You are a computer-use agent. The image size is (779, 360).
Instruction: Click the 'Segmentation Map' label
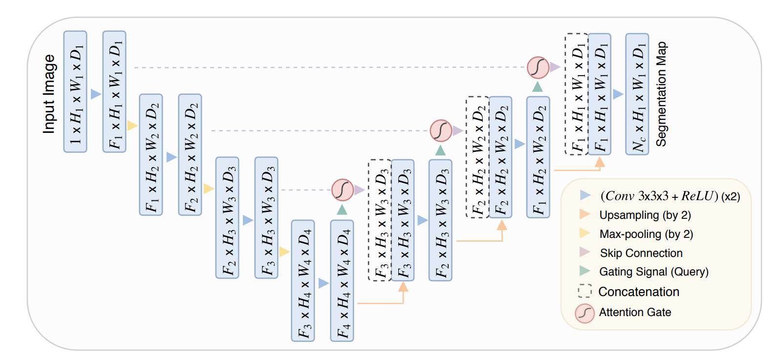[661, 94]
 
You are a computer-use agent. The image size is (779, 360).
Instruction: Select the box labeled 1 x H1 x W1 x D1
[75, 92]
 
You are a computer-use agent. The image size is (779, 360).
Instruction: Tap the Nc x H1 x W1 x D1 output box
[637, 94]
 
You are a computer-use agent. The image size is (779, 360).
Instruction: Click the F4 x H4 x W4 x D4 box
[342, 280]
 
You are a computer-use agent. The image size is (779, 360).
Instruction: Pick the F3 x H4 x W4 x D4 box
[303, 280]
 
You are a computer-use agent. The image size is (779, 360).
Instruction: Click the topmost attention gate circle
[538, 67]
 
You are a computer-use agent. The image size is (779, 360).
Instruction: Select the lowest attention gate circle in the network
[342, 190]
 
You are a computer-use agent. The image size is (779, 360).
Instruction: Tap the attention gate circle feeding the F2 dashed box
[440, 130]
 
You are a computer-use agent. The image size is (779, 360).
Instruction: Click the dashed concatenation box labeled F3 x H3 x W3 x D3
[379, 220]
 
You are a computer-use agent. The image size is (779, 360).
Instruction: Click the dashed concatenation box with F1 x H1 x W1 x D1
[576, 94]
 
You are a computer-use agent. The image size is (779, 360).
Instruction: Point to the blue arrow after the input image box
[96, 94]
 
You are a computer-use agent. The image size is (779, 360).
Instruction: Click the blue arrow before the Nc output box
[618, 94]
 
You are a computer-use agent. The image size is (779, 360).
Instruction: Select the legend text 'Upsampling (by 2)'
[645, 215]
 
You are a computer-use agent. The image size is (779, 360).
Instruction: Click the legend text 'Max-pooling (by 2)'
[646, 234]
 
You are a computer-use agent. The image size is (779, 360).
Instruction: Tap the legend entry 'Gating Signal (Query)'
[653, 272]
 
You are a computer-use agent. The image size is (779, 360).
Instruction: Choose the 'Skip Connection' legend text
[641, 253]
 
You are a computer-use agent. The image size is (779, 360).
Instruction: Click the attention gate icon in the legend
[584, 313]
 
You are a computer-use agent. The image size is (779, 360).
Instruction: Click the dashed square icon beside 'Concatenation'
[584, 292]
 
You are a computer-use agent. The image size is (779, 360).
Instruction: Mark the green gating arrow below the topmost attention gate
[538, 87]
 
